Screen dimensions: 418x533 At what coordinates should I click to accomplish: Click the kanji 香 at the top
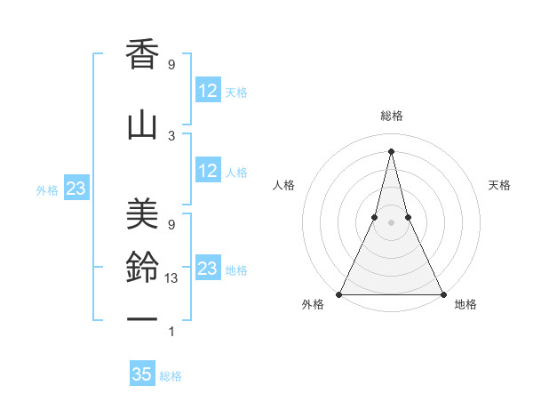142,56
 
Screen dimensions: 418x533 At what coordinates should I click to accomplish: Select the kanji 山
142,125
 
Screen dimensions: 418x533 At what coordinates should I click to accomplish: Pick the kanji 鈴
142,268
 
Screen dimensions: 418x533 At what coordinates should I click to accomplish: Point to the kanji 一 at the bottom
142,320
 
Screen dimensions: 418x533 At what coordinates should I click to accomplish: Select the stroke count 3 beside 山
171,135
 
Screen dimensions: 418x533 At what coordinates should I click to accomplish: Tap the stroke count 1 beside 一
171,332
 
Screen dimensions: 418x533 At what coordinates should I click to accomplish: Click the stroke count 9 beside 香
171,65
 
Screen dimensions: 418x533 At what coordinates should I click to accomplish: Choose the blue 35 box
142,374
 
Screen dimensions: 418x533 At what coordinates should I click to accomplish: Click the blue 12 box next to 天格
208,91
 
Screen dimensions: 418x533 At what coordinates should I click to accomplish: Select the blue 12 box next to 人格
208,171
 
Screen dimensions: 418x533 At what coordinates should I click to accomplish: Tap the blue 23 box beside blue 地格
208,269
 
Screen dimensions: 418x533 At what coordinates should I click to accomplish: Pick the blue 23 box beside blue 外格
76,189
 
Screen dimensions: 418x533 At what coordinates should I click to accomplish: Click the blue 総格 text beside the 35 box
171,376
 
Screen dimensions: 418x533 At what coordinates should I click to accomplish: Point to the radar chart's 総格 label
391,116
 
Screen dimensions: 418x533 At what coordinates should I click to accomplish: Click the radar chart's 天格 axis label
500,185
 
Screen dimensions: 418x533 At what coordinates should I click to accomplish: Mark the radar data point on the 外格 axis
339,293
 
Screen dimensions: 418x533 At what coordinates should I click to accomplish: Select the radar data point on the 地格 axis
442,293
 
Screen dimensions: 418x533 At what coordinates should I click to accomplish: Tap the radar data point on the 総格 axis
391,150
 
